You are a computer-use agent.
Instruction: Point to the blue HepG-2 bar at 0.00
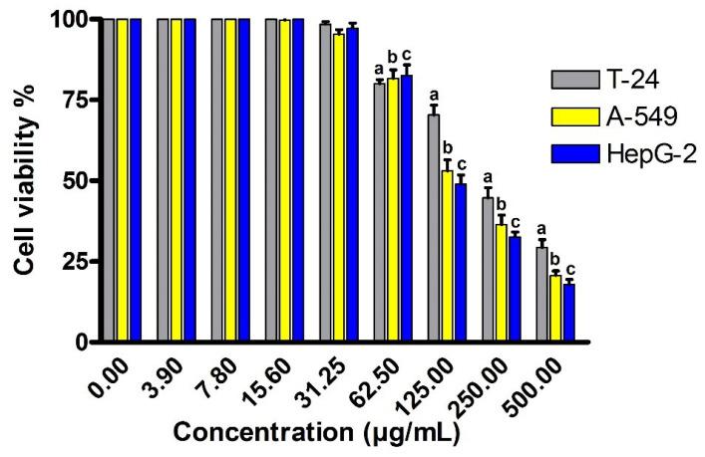coord(136,180)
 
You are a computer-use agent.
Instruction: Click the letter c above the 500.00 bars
coord(570,269)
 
